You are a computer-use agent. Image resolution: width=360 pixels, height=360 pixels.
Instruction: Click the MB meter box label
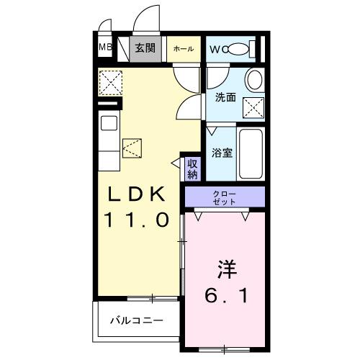click(105, 49)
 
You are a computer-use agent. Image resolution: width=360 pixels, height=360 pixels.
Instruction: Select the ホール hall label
click(183, 49)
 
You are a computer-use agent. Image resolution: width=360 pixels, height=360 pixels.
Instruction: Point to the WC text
click(217, 49)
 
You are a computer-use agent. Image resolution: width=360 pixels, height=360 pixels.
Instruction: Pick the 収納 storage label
click(192, 168)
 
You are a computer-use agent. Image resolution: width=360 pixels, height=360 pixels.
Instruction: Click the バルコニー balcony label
click(135, 320)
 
